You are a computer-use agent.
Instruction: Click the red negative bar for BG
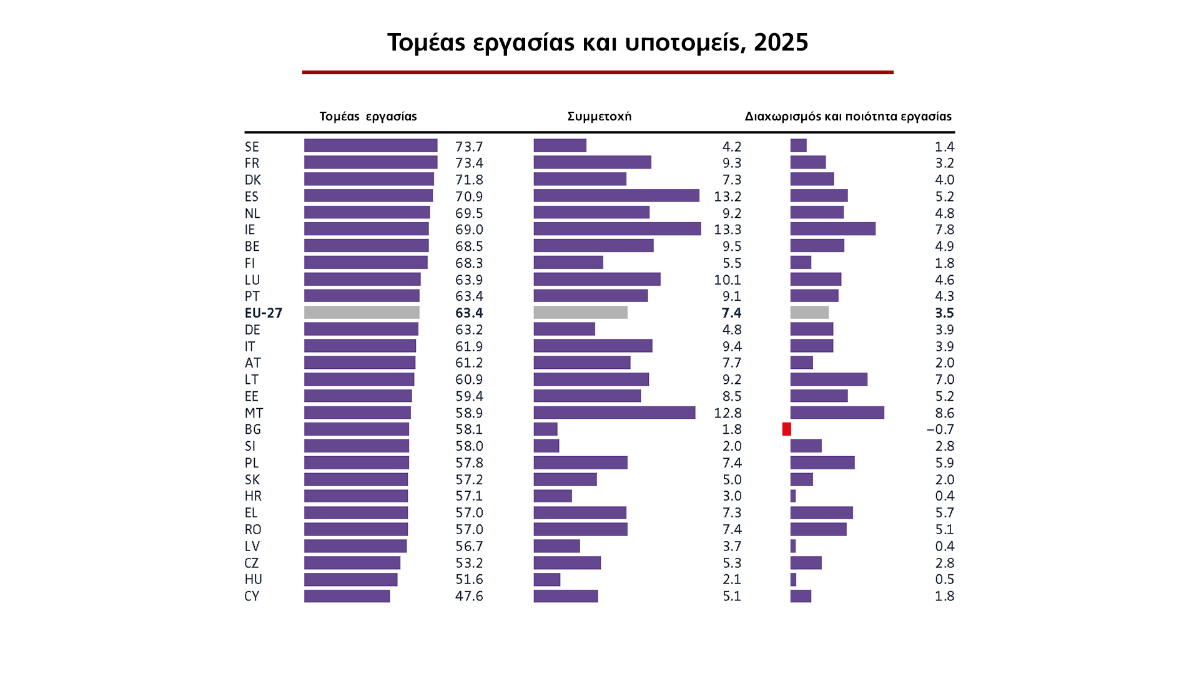786,429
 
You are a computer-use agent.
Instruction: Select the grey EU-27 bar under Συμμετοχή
580,313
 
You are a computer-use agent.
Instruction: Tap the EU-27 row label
264,313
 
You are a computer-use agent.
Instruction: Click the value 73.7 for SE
469,147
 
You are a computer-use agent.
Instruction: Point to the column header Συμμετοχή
599,117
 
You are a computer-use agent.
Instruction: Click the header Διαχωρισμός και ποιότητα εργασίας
847,117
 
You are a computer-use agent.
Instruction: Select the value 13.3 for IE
728,230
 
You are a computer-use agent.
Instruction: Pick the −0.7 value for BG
940,429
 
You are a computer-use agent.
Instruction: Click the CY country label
252,596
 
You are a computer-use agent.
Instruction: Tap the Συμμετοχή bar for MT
614,413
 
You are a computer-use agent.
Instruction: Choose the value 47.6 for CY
469,596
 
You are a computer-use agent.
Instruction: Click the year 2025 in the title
781,42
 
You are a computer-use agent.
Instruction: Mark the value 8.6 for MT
944,413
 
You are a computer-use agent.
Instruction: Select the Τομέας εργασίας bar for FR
370,163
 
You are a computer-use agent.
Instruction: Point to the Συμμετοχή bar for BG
545,429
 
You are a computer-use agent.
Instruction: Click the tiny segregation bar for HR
793,496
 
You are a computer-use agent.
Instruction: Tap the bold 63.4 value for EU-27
469,313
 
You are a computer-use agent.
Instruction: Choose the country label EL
251,513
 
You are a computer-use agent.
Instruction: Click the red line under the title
598,72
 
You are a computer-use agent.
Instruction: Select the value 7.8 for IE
944,230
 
